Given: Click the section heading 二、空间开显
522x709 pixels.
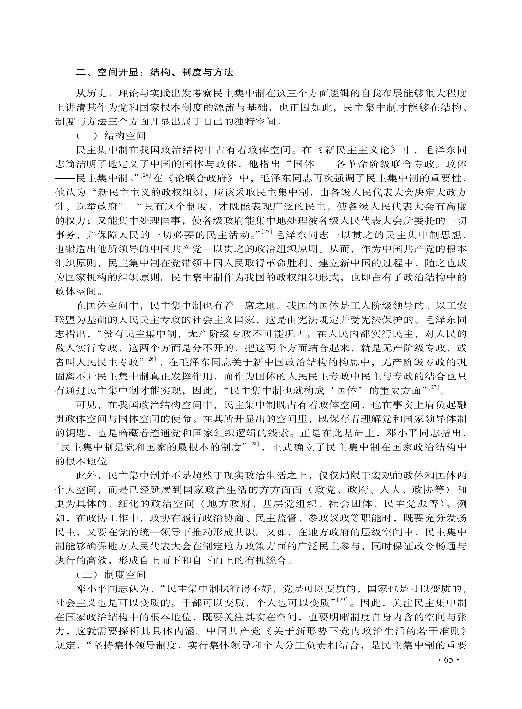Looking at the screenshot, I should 107,72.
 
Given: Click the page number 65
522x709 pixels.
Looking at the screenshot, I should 448,660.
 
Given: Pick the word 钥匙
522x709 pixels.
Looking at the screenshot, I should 71,433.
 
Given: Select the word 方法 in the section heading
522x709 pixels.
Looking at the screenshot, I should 223,72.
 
